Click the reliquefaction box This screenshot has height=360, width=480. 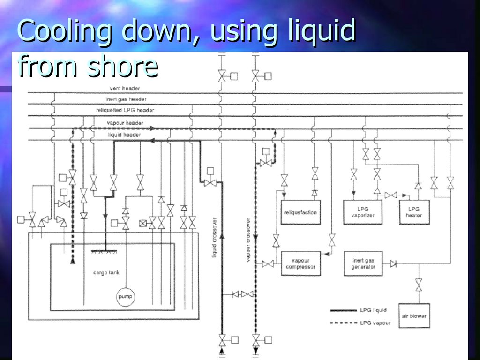point(300,212)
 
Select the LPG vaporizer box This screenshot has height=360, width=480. point(362,212)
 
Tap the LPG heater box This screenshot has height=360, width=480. point(414,212)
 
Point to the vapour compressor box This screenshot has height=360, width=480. point(300,263)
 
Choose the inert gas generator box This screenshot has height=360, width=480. point(363,263)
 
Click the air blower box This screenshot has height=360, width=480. point(414,316)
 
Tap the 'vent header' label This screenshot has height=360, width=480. point(125,88)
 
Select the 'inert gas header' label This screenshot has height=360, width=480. point(126,99)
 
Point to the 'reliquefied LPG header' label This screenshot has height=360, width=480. point(125,110)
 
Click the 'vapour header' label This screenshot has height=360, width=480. point(125,123)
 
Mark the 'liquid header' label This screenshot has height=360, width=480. point(125,135)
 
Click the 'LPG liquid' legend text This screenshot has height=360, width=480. point(373,310)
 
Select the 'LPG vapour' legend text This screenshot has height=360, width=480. point(375,323)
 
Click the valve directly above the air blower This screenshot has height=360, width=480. point(419,285)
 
